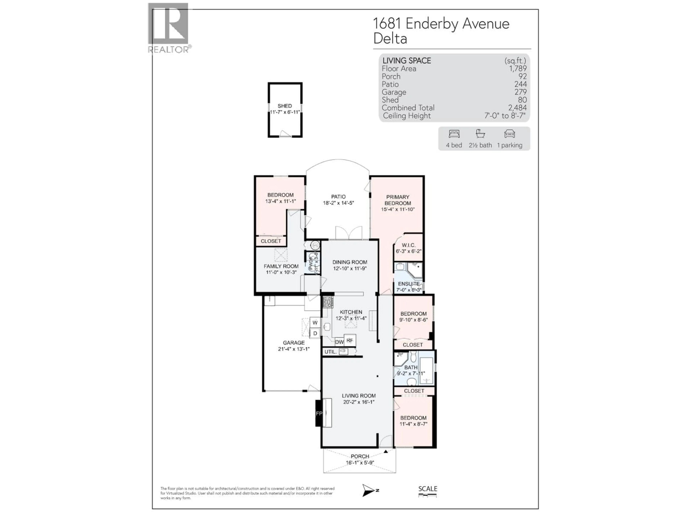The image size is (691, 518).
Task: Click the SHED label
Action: point(284,106)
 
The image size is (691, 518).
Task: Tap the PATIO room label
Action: point(338,197)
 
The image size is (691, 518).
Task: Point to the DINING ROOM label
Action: point(350,262)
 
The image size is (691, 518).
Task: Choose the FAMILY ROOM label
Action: point(281,266)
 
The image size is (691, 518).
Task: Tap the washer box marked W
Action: point(315,322)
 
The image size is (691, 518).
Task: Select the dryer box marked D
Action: point(315,333)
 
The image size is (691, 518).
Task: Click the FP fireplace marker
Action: point(319,413)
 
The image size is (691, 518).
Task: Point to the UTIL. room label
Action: point(330,352)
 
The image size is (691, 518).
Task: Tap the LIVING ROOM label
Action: point(359,396)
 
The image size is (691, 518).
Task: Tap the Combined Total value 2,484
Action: point(517,108)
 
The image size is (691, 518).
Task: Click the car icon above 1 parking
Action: point(509,134)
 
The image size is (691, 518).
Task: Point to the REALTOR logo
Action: point(169,28)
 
